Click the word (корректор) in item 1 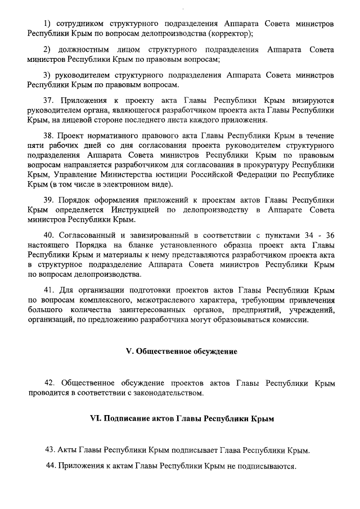pos(232,33)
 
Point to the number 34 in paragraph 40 pos(301,235)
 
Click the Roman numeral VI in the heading pos(94,419)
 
